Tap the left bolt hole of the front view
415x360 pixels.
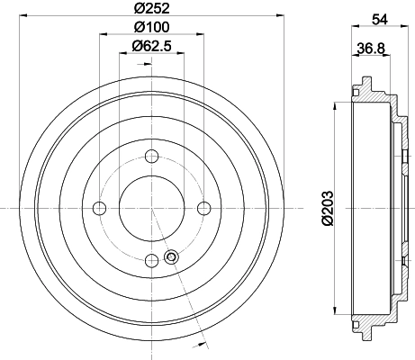pyautogui.click(x=99, y=208)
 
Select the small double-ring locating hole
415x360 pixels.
pyautogui.click(x=170, y=259)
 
